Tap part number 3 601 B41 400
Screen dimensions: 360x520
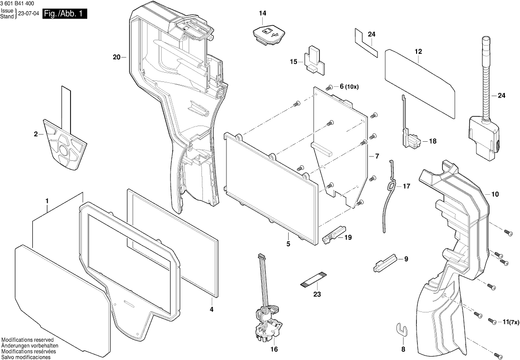coord(20,4)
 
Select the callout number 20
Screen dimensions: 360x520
coord(116,57)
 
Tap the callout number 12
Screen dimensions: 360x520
coord(418,51)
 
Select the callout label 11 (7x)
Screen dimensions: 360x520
coord(509,322)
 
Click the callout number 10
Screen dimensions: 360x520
coord(495,194)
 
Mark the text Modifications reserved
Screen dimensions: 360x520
coord(27,340)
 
